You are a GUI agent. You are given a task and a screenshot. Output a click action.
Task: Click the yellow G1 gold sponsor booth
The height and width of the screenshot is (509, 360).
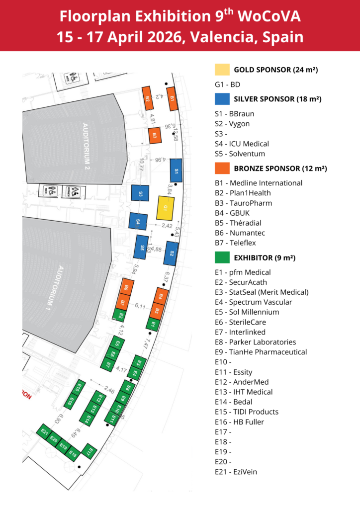(165, 208)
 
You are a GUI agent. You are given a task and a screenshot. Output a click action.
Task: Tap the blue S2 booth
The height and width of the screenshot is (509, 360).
(172, 253)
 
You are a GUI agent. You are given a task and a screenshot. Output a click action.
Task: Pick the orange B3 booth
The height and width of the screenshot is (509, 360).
(155, 135)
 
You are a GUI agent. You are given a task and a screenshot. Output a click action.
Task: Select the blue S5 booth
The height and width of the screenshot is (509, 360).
(143, 247)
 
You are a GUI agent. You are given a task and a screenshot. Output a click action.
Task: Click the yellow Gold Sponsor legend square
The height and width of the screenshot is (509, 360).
(222, 69)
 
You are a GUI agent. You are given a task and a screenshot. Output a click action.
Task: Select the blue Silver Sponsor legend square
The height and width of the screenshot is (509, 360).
(222, 98)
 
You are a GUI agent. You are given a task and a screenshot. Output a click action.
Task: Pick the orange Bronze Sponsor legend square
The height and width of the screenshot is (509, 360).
(222, 168)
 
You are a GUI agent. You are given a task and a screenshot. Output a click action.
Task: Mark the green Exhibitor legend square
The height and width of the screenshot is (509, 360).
(222, 257)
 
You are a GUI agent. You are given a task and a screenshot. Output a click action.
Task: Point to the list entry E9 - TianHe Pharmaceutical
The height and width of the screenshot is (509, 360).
(261, 352)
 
